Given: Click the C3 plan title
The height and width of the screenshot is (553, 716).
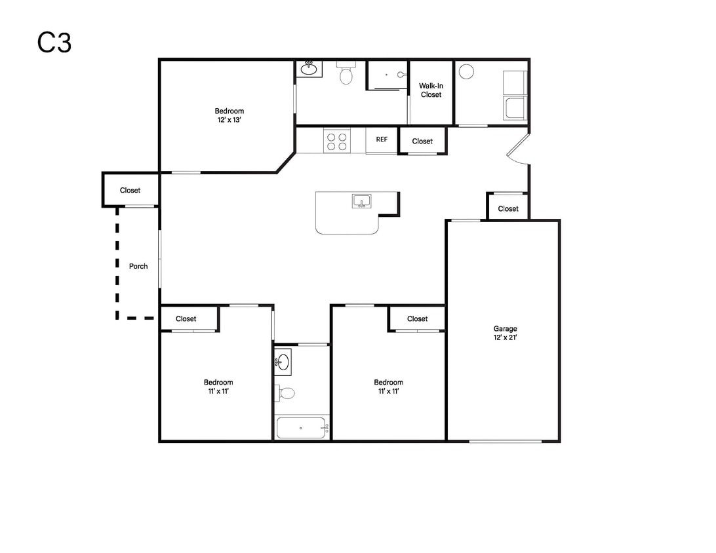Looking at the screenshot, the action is pyautogui.click(x=54, y=43).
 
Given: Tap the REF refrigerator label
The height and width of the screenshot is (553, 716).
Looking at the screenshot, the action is pyautogui.click(x=382, y=139).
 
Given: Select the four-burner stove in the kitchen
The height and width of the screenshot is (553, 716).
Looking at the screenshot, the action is pyautogui.click(x=337, y=141).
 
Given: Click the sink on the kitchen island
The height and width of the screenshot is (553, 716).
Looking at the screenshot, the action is pyautogui.click(x=362, y=200).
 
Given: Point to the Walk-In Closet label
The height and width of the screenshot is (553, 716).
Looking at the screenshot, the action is pyautogui.click(x=431, y=90).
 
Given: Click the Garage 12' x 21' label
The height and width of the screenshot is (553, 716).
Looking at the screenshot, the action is pyautogui.click(x=505, y=333).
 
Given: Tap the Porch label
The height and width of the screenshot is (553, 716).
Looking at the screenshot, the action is pyautogui.click(x=138, y=266).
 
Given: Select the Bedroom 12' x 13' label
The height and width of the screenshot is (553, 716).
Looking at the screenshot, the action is pyautogui.click(x=229, y=115).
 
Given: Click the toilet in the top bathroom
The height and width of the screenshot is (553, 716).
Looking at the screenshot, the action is pyautogui.click(x=346, y=73).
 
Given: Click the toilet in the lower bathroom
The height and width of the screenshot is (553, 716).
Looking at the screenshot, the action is pyautogui.click(x=285, y=393).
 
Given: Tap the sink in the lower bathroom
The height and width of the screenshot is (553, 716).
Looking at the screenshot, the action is pyautogui.click(x=283, y=362).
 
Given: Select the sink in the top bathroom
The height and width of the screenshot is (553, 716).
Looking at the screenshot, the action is pyautogui.click(x=309, y=69).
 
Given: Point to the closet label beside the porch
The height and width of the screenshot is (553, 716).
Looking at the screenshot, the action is pyautogui.click(x=130, y=190).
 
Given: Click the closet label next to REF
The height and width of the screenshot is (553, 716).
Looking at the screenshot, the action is pyautogui.click(x=422, y=142).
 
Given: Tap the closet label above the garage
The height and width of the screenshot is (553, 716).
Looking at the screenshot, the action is pyautogui.click(x=508, y=208).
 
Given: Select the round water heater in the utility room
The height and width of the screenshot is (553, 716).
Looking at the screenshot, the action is pyautogui.click(x=466, y=71).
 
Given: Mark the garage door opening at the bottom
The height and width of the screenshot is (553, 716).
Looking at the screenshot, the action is pyautogui.click(x=505, y=441).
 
